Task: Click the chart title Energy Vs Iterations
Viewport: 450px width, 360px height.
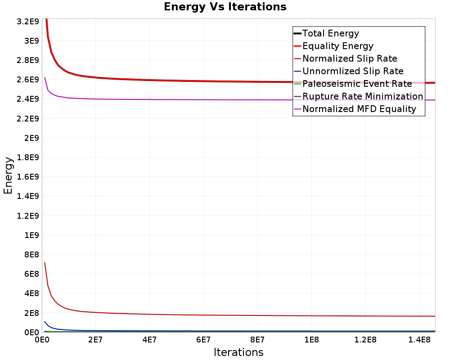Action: [x=225, y=7]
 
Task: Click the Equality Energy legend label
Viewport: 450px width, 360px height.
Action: [x=338, y=46]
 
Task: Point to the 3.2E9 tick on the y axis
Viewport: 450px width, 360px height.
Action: [x=28, y=22]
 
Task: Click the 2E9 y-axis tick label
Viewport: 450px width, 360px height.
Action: [x=31, y=138]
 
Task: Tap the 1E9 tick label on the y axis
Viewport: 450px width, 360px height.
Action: [x=31, y=235]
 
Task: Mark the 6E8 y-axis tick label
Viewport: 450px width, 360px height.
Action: [x=31, y=274]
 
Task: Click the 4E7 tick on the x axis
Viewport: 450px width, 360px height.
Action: [x=149, y=340]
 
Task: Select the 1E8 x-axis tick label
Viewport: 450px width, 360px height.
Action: [x=311, y=340]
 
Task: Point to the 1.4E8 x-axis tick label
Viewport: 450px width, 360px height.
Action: [x=419, y=340]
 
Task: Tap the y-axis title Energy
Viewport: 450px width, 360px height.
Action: [x=8, y=175]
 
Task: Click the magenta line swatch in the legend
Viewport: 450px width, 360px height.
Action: [x=297, y=109]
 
